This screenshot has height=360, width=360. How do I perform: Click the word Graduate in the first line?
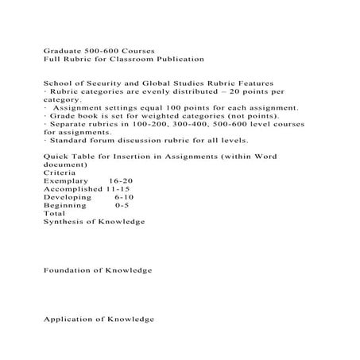(60, 49)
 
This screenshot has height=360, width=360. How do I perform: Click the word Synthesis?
(63, 222)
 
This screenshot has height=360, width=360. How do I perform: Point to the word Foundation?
(67, 271)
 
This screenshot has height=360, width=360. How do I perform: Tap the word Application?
(68, 319)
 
